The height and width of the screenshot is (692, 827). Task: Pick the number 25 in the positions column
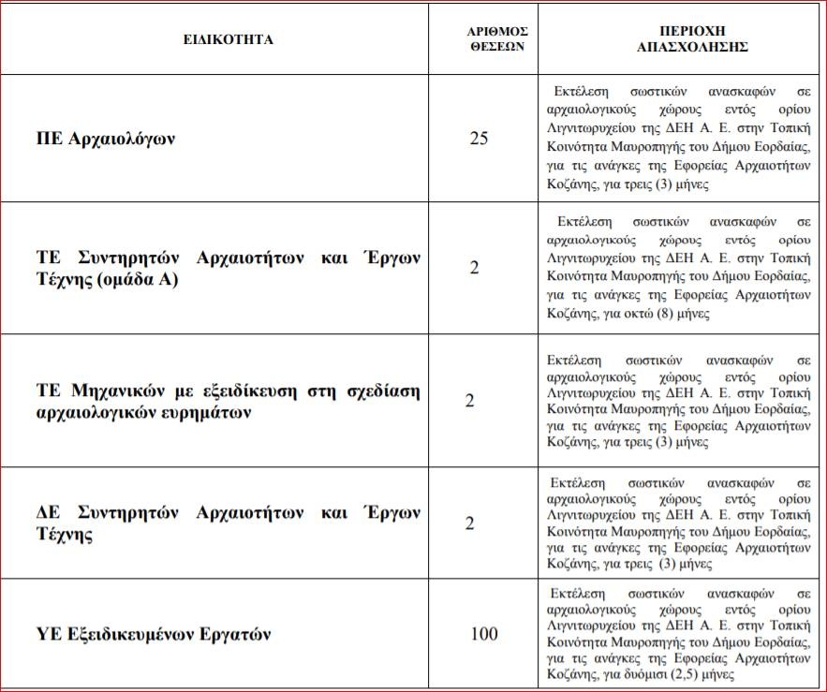point(479,139)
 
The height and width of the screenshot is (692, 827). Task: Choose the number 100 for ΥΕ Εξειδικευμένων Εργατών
point(483,634)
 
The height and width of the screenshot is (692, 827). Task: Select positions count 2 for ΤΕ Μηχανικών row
point(470,401)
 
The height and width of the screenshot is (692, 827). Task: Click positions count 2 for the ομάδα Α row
point(474,268)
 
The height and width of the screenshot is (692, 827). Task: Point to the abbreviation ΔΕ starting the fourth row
point(48,513)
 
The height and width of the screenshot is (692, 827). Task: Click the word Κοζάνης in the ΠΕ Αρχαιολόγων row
point(571,185)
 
